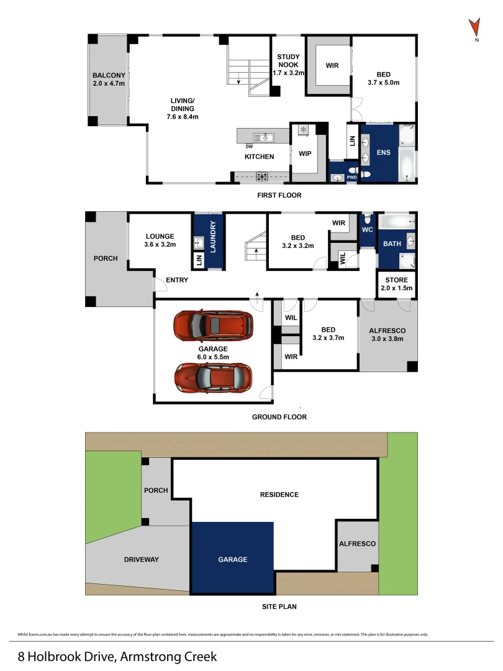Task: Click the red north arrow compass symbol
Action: coord(474,28)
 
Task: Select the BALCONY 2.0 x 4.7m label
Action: coord(109,79)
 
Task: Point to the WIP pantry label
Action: coord(305,153)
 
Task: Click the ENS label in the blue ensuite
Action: coord(383,152)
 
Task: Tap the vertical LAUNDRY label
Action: coord(212,237)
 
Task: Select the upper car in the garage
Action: coord(213,324)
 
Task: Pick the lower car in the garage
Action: coord(214,377)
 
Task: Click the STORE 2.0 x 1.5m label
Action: coord(397,284)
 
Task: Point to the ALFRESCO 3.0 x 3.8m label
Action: coord(387,334)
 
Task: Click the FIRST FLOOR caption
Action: coord(279,195)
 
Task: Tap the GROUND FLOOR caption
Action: coord(279,417)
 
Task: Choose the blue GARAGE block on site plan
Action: coord(232,557)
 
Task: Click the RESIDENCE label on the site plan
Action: coord(279,495)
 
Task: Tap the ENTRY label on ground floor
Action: coord(178,280)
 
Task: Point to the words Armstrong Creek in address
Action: coord(169,656)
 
